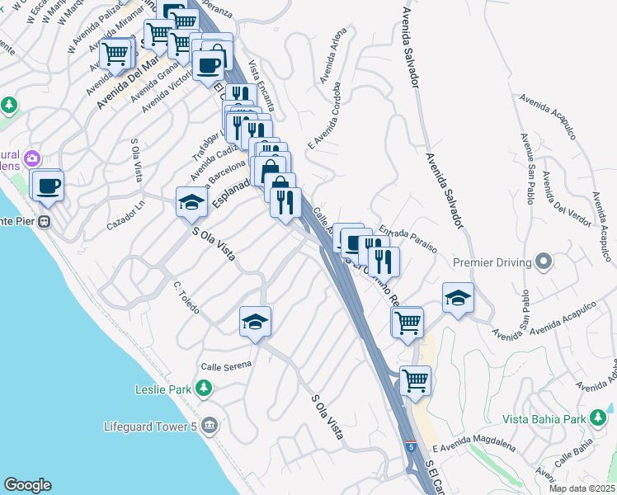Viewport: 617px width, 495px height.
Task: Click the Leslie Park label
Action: pos(163,389)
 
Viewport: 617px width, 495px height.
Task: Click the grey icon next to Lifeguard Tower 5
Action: pos(209,426)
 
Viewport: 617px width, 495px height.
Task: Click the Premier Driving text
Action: pos(494,262)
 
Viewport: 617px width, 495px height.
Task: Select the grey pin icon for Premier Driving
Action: pos(544,262)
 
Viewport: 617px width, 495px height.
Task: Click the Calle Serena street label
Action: pos(224,365)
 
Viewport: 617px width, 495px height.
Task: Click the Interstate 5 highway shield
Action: pos(410,447)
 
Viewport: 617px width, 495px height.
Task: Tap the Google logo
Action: pos(27,485)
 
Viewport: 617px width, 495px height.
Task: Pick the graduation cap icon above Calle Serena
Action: pos(256,322)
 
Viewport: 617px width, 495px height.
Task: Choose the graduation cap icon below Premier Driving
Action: pos(458,299)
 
